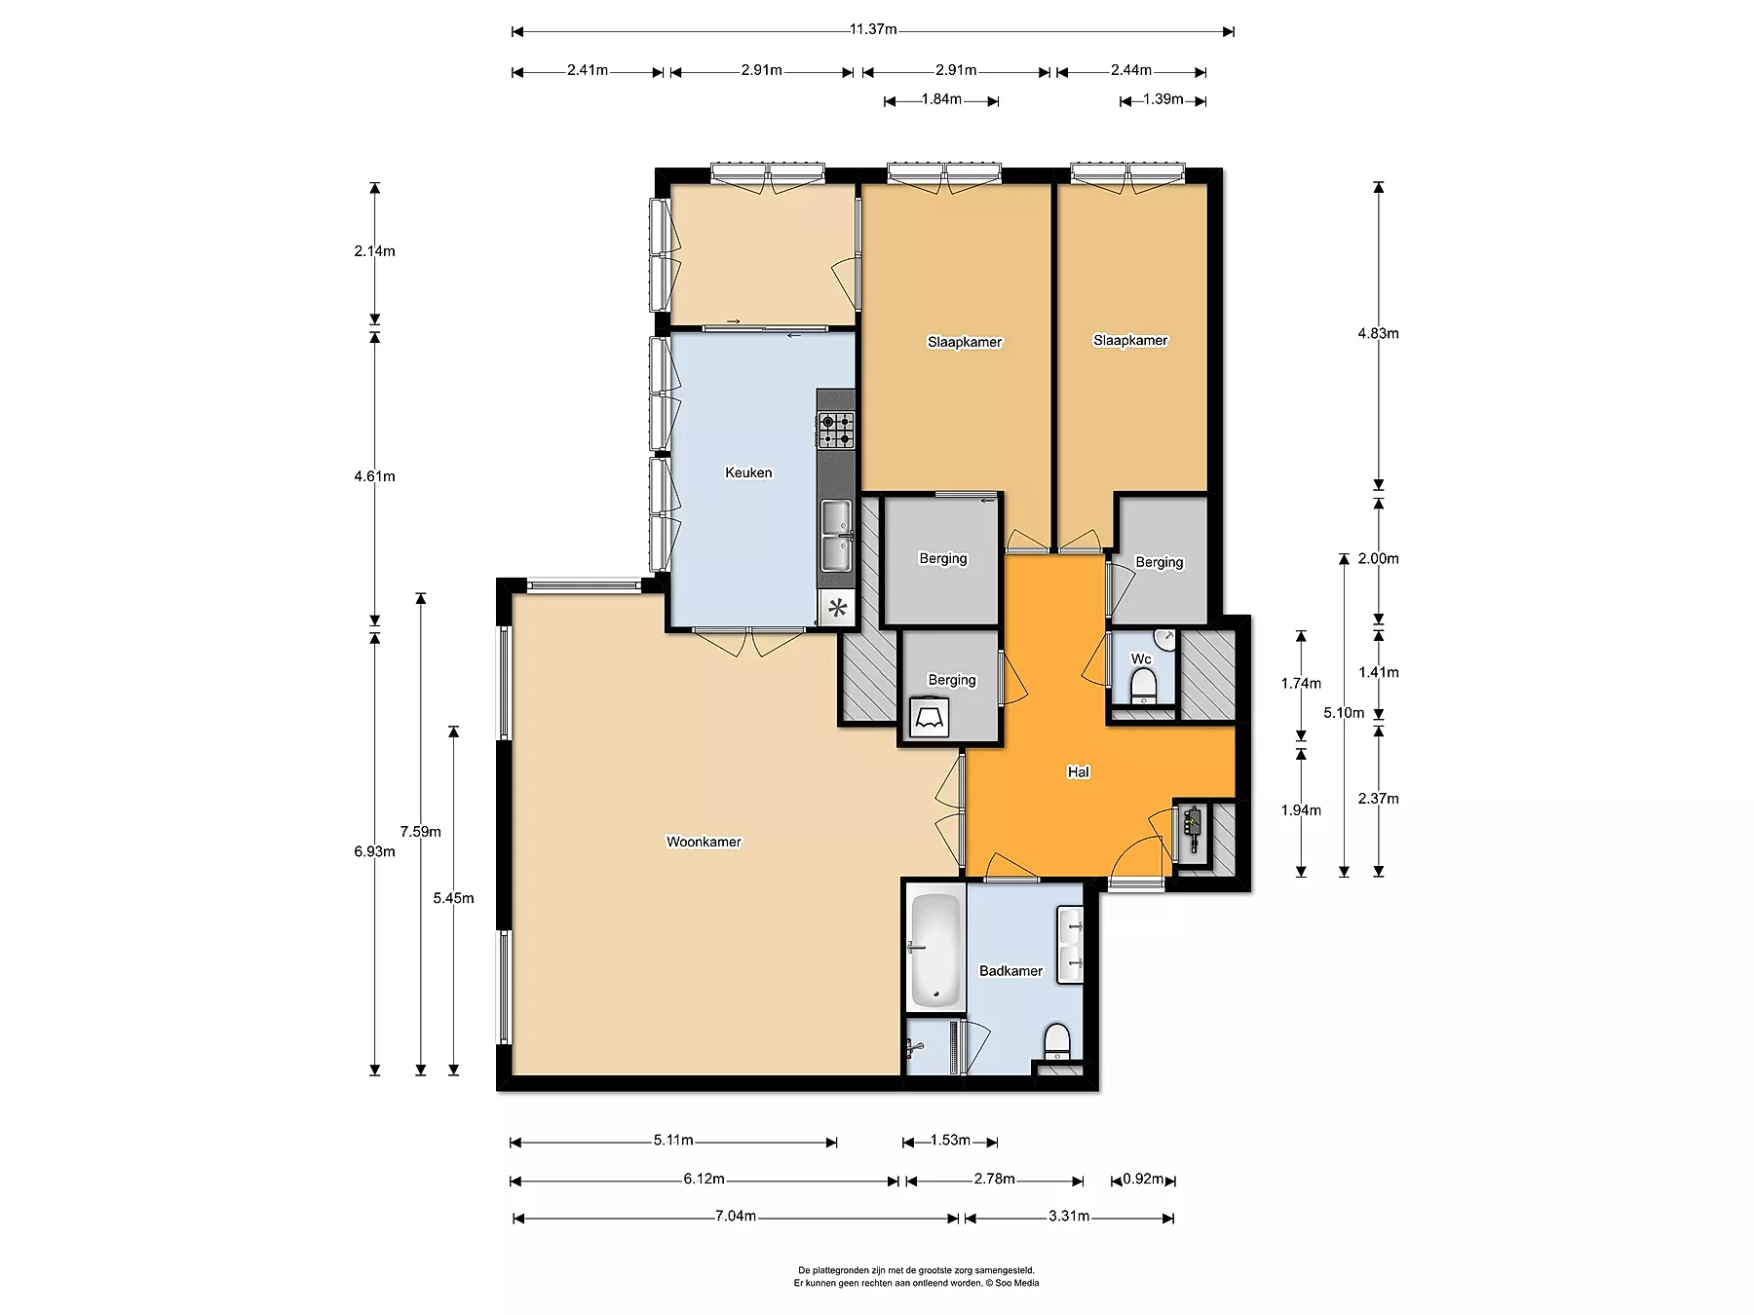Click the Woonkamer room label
coord(704,842)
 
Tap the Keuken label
coord(748,472)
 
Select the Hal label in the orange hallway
coord(1078,771)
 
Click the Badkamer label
coord(1010,971)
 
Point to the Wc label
coord(1141,658)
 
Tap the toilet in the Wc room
coord(1142,687)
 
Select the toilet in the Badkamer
coord(1056,1041)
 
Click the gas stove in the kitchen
coord(836,430)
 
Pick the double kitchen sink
coord(836,535)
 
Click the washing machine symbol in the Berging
coord(928,718)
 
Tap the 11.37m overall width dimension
coord(873,29)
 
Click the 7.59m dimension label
coord(421,832)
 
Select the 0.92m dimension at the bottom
coord(1143,1180)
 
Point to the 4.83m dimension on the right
coord(1378,333)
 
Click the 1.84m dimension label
coord(941,99)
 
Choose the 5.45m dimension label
coord(454,898)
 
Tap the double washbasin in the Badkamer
coord(1070,943)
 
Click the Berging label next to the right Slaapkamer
coord(1160,562)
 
